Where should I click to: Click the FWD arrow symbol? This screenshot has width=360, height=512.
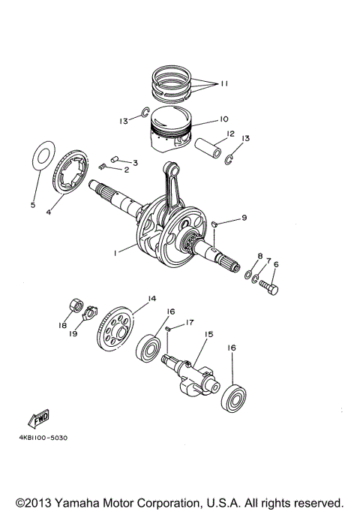pyautogui.click(x=38, y=418)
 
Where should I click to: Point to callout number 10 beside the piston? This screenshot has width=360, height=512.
pyautogui.click(x=223, y=119)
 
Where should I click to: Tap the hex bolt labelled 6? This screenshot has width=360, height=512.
pyautogui.click(x=269, y=287)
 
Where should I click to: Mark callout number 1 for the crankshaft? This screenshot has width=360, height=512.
pyautogui.click(x=115, y=254)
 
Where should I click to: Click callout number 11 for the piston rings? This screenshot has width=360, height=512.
pyautogui.click(x=223, y=85)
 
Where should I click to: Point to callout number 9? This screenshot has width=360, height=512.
pyautogui.click(x=244, y=218)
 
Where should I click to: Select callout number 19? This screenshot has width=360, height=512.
pyautogui.click(x=73, y=336)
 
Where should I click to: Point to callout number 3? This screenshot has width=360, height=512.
pyautogui.click(x=135, y=162)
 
